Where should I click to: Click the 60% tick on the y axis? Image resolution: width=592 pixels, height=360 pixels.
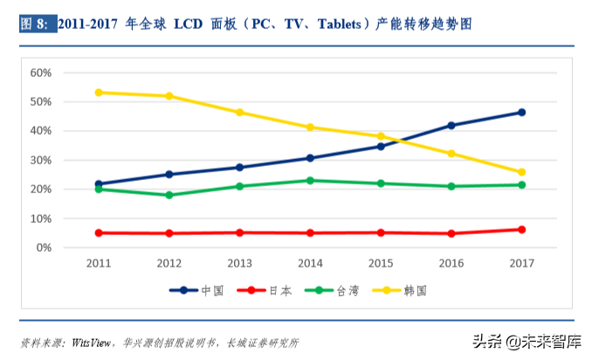click(42, 73)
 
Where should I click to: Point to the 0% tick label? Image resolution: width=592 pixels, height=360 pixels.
click(45, 248)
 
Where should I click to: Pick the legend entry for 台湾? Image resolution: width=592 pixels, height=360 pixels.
click(334, 289)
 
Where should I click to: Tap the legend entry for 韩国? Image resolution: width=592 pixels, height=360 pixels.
click(401, 289)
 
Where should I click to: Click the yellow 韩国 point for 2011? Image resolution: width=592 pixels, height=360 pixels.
click(99, 92)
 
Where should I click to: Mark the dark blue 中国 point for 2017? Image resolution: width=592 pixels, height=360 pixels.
click(521, 112)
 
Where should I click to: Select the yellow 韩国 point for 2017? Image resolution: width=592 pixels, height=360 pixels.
click(521, 172)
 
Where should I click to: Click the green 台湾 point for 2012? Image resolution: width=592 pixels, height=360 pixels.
click(169, 195)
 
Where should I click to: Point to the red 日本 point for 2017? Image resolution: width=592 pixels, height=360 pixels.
click(521, 230)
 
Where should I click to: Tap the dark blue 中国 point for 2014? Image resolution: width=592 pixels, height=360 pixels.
click(310, 158)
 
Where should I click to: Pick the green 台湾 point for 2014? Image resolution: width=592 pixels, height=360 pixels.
click(310, 180)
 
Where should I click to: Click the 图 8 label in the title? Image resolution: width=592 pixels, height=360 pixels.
click(35, 24)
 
